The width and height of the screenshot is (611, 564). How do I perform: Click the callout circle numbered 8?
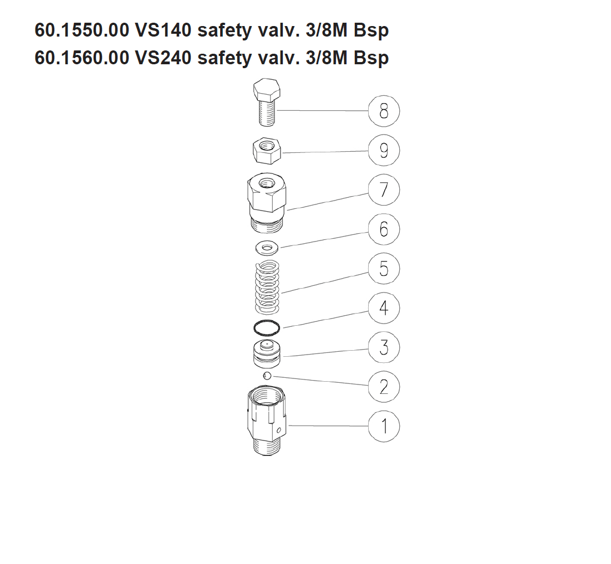click(384, 111)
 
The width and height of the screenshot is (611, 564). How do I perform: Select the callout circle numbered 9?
click(384, 150)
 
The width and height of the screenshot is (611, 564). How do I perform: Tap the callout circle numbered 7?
click(384, 189)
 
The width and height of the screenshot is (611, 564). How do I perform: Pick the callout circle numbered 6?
click(384, 229)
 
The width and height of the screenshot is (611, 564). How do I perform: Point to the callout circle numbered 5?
click(384, 268)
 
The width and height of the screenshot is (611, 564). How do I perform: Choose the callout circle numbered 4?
click(384, 307)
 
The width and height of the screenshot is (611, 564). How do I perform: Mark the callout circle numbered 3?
click(384, 347)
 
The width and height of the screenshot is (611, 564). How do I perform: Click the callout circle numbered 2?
click(384, 386)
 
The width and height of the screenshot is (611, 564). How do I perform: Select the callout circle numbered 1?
click(384, 425)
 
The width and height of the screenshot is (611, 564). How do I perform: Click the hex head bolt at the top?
click(267, 102)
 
